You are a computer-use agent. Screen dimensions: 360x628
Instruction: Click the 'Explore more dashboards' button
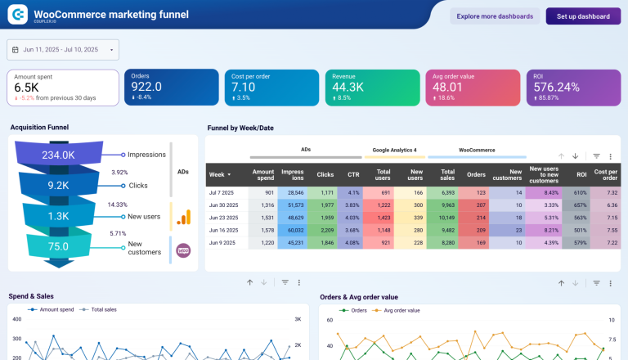(496, 16)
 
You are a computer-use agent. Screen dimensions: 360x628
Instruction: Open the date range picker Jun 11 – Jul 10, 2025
(63, 50)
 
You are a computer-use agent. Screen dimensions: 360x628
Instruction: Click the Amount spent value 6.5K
(26, 87)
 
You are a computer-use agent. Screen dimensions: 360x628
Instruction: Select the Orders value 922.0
(146, 87)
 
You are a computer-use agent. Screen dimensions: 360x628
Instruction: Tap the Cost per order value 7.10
(244, 87)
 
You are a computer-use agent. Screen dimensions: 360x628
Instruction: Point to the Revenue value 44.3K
(348, 87)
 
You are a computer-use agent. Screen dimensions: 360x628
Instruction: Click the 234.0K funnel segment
(59, 155)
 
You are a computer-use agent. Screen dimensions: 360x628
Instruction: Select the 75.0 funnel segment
(58, 245)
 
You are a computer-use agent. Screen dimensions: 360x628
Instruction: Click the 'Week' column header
(219, 174)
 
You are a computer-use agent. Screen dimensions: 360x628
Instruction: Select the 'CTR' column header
(353, 174)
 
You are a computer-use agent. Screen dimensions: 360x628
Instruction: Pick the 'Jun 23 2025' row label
(224, 218)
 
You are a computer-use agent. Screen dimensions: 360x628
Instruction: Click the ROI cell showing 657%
(581, 205)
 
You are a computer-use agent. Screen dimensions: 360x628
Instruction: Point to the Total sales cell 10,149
(446, 218)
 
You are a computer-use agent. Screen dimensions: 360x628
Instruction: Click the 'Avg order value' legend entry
(401, 310)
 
